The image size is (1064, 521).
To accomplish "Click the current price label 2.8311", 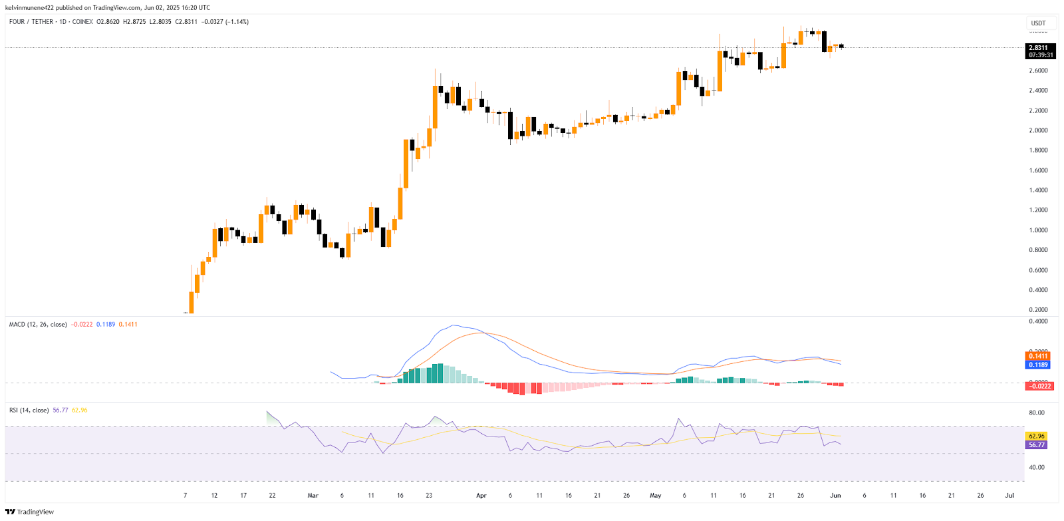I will tap(1038, 48).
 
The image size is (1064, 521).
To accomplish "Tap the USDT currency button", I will tap(1038, 23).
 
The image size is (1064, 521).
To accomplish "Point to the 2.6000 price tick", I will tap(1038, 71).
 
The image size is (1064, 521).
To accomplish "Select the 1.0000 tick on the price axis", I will tap(1038, 230).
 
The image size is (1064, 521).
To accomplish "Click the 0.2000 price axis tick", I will tap(1038, 310).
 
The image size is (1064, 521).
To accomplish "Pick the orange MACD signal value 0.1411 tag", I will tap(1038, 356).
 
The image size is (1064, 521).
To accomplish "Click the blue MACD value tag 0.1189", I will tap(1038, 365).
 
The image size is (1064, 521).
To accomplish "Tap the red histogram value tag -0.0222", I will tap(1039, 386).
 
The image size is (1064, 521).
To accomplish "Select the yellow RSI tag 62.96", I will tap(1037, 436).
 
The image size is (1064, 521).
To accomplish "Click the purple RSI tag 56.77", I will tap(1037, 444).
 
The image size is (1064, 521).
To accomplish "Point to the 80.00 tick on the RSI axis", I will tap(1036, 413).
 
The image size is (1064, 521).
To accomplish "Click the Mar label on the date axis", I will tap(313, 496).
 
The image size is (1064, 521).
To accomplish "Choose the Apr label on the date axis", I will tap(481, 496).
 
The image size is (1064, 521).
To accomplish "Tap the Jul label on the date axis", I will tap(1009, 496).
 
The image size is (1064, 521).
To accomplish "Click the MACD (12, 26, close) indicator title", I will tap(38, 325).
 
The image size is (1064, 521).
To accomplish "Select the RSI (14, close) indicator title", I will tap(29, 411).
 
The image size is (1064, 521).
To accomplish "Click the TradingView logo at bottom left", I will tap(30, 512).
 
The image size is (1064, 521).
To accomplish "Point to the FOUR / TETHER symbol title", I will tap(31, 22).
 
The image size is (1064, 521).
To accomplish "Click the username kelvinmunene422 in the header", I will tap(29, 8).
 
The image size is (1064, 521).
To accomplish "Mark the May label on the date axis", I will tap(656, 496).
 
